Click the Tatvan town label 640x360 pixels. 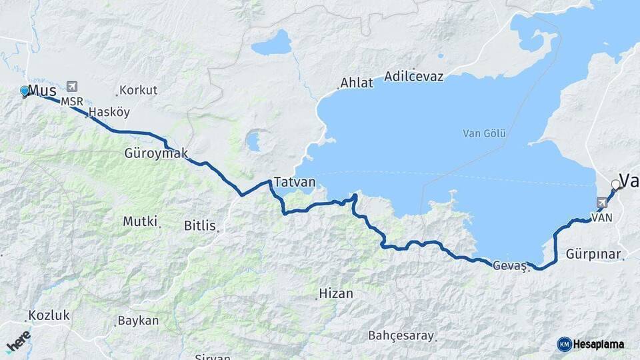pos(294,182)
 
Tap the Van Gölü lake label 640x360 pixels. pos(484,133)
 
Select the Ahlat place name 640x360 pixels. pos(357,83)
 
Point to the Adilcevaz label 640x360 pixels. pos(414,77)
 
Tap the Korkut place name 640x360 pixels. pos(138,90)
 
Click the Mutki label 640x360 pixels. pos(140,221)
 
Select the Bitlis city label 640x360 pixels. pos(200,226)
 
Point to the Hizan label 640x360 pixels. pos(336,293)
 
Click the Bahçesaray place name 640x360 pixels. pos(401,336)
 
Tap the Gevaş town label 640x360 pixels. pos(509,265)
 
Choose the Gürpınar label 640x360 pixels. pos(593,255)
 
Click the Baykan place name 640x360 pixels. pos(139,321)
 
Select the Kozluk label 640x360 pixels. pos(49,315)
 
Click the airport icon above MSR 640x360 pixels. pos(72,87)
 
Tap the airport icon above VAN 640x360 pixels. pos(603,203)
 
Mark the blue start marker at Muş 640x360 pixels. pos(25,91)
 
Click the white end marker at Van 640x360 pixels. pos(615,184)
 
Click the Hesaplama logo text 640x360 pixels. pos(598,345)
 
